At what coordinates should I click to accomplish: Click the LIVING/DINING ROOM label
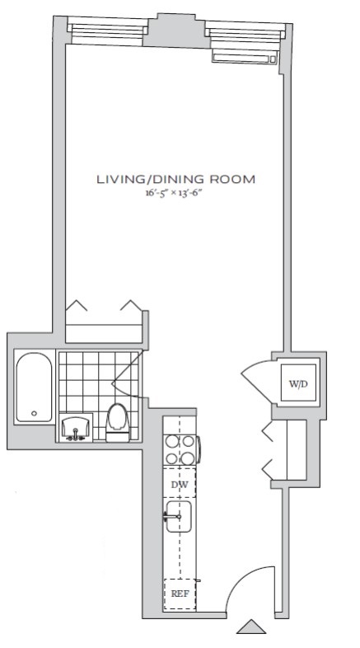click(175, 178)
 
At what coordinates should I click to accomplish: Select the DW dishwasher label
click(180, 485)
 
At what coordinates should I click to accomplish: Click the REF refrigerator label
click(179, 593)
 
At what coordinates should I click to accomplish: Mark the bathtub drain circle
click(34, 413)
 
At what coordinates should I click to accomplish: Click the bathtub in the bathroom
click(35, 387)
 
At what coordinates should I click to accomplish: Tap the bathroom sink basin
click(76, 428)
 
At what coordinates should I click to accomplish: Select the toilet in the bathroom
click(118, 420)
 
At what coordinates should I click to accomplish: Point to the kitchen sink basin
click(180, 517)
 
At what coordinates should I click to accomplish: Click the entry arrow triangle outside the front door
click(250, 628)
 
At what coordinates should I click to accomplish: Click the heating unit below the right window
click(243, 57)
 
